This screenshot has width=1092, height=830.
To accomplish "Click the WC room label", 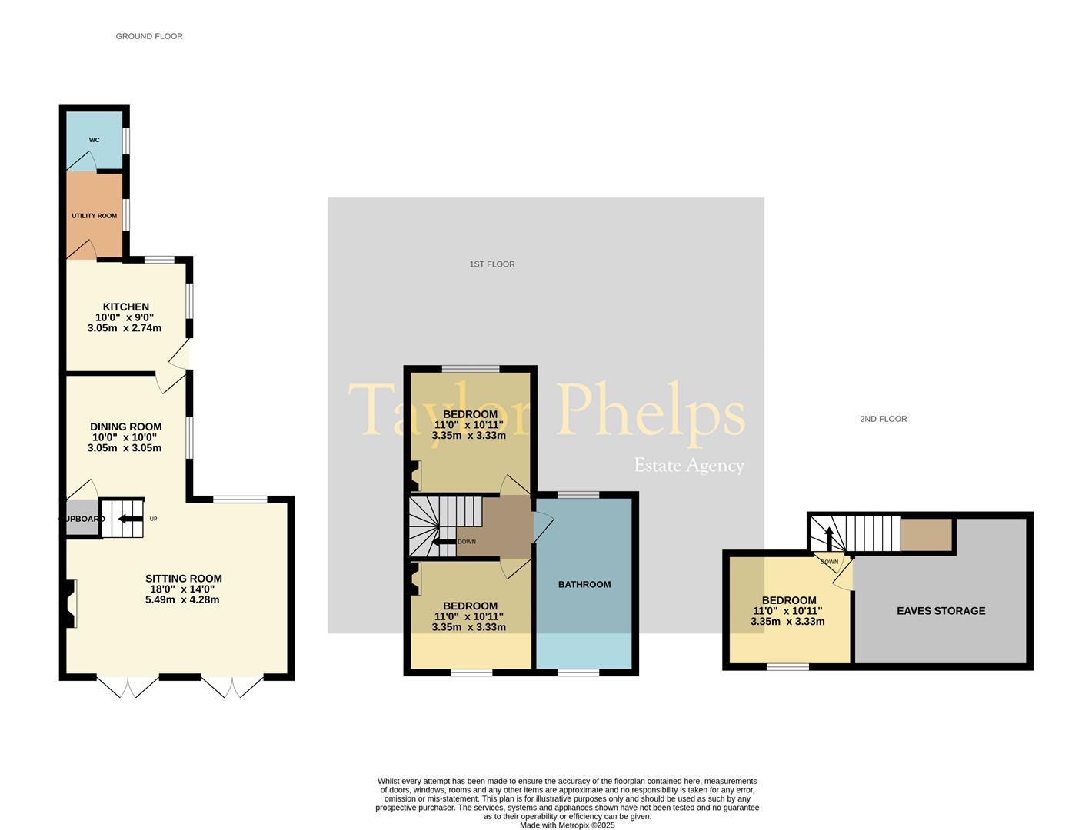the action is (x=94, y=140).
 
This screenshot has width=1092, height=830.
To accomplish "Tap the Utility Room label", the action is (x=94, y=216).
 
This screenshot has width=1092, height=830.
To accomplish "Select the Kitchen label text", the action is (x=126, y=307).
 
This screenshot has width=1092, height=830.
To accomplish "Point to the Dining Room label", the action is (x=126, y=427).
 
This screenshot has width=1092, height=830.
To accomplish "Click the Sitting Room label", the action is (x=184, y=579).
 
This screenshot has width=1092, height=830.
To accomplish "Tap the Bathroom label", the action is (x=584, y=585).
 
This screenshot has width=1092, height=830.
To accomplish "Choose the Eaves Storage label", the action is (x=941, y=611).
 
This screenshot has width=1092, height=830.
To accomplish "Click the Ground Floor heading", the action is (x=149, y=36).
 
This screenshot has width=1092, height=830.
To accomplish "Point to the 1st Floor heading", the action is (x=492, y=264).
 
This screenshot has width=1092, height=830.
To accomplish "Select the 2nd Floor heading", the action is (x=883, y=419).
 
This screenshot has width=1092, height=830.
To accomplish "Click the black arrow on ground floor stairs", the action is (x=130, y=519).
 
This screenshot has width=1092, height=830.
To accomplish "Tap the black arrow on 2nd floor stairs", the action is (x=829, y=539).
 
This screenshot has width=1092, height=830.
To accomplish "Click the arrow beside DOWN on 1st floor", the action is (x=444, y=542).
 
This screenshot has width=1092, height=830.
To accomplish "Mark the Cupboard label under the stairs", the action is (x=82, y=519).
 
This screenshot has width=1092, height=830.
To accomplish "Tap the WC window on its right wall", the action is (x=126, y=141).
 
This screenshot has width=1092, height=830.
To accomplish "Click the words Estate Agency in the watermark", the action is (x=689, y=466).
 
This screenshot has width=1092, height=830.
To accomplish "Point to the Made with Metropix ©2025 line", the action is (x=567, y=825).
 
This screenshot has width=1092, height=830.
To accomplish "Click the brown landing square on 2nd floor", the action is (x=927, y=534).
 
